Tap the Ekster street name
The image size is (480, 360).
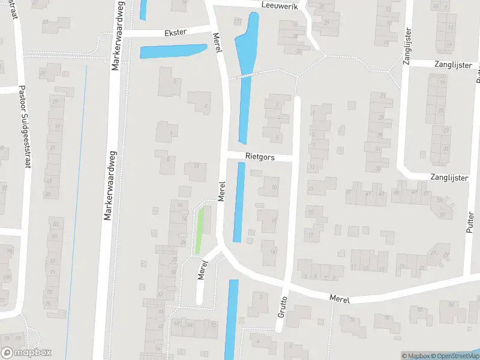[175, 32]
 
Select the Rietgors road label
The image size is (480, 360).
[260, 157]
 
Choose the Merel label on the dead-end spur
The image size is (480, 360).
[203, 268]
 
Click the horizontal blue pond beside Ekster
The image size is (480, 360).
[173, 51]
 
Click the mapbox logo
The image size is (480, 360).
[26, 353]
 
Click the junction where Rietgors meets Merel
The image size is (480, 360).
[226, 157]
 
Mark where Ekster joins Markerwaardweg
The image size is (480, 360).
[121, 33]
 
